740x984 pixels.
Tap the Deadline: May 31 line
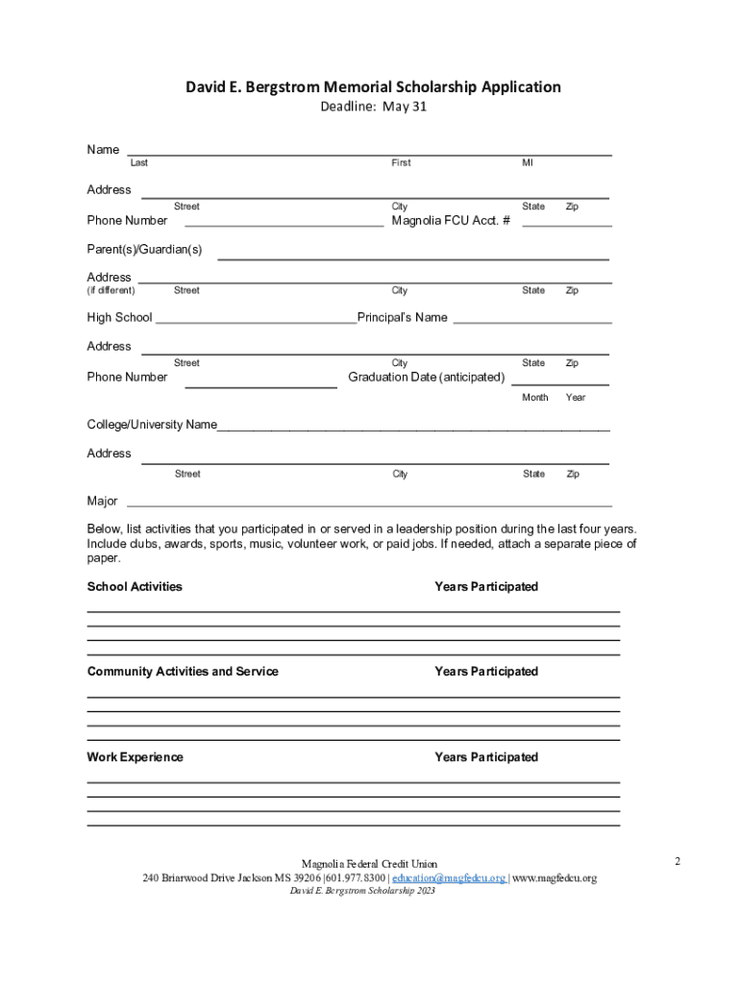[x=373, y=107]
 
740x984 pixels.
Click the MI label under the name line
[x=528, y=163]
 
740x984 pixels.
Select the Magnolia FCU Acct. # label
[x=451, y=221]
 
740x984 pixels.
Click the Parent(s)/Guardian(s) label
[x=144, y=250]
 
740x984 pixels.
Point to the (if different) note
[x=111, y=290]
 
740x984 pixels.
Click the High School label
[x=119, y=318]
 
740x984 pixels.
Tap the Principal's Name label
[x=403, y=318]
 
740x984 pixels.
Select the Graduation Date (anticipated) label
[x=426, y=377]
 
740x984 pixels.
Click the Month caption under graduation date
[x=535, y=398]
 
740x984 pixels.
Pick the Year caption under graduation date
[x=576, y=398]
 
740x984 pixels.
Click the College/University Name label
[x=152, y=425]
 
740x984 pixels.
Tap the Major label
[x=103, y=502]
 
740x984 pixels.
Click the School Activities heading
[x=135, y=587]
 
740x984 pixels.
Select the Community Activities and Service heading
[x=183, y=672]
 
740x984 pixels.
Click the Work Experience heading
[x=135, y=757]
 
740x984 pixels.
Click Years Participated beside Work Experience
[x=486, y=757]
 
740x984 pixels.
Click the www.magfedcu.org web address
[x=555, y=878]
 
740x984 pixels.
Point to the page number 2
[x=678, y=861]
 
